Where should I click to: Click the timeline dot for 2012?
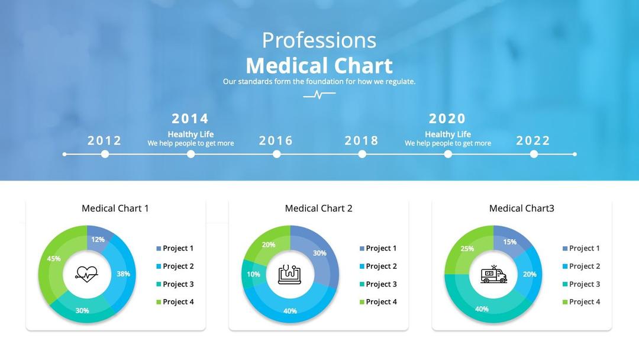click(x=105, y=154)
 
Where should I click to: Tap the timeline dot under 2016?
click(x=276, y=154)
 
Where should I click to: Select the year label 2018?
click(x=362, y=140)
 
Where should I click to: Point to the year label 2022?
click(x=533, y=140)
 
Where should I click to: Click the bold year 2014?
click(x=191, y=118)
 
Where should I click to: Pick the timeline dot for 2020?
click(x=448, y=154)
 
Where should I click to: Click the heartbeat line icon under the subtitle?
click(x=319, y=94)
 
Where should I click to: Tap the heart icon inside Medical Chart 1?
click(x=86, y=274)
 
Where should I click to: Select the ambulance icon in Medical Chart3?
click(x=493, y=274)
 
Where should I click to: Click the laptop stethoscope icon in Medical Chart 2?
click(x=290, y=274)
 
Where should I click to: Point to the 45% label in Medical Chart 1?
click(x=54, y=259)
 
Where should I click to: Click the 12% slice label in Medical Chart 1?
click(x=98, y=240)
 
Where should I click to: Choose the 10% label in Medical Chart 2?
click(x=253, y=274)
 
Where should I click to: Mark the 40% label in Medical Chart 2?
click(x=290, y=311)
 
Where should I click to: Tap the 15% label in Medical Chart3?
click(x=509, y=242)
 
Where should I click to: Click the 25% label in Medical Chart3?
click(x=467, y=249)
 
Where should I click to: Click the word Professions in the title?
click(x=319, y=40)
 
